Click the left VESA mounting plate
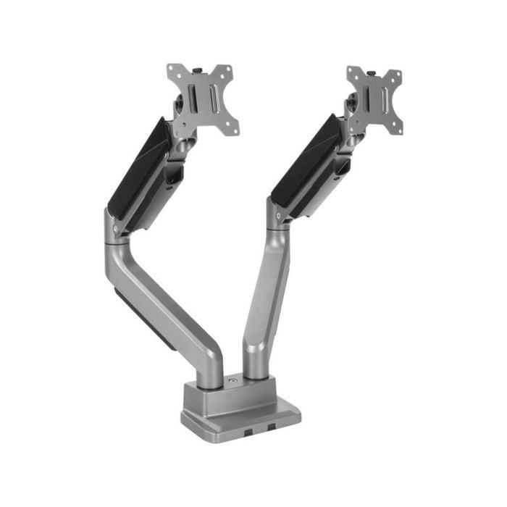(202, 97)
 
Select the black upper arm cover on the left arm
(138, 170)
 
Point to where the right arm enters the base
(255, 371)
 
